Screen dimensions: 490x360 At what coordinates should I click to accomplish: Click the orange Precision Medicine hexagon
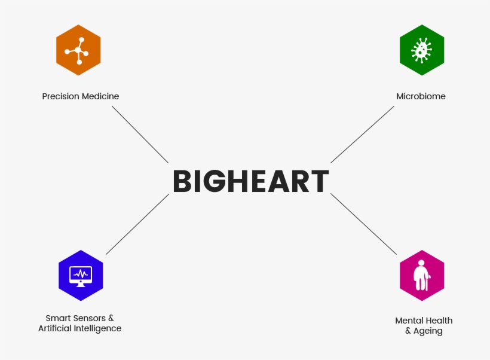coord(78,50)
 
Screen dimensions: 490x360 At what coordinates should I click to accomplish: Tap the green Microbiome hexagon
coord(422,50)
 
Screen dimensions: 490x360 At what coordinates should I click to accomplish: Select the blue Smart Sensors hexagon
coord(81,276)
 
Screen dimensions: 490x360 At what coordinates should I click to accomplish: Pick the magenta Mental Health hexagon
coord(422,276)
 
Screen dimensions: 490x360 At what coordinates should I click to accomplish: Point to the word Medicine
coord(99,96)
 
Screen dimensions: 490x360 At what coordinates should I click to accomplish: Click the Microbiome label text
coord(421,96)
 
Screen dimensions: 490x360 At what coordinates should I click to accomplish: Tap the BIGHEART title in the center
coord(251,181)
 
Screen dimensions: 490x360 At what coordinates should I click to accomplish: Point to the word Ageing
coord(428,331)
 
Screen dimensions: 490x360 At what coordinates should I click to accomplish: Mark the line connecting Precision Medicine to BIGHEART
coord(140,135)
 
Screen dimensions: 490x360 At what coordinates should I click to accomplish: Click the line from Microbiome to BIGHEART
coord(363,135)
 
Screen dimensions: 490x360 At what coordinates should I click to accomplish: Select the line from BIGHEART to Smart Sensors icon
coord(137,224)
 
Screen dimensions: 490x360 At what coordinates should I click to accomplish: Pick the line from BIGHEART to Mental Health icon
coord(364,224)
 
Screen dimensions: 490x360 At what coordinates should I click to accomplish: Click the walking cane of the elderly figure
coord(427,283)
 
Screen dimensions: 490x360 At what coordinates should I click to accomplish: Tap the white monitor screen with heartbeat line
coord(81,274)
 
